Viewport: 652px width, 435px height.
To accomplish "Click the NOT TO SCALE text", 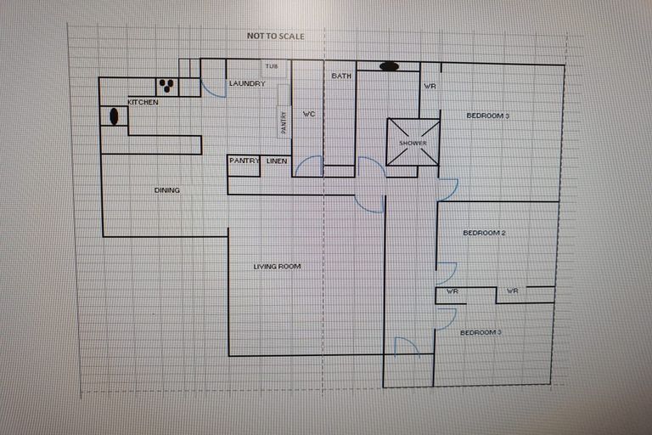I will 275,37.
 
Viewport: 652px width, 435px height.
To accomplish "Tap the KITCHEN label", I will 143,102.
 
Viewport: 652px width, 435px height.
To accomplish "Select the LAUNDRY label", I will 247,83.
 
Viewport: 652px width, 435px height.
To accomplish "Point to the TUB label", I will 272,66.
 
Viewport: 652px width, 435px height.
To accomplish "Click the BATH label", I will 341,76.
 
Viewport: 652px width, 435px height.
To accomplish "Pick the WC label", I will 309,113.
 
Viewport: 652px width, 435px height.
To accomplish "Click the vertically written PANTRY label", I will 284,122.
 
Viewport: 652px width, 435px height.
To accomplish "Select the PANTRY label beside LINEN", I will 244,161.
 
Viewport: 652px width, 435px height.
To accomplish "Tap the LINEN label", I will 277,161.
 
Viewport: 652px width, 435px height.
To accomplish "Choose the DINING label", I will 166,190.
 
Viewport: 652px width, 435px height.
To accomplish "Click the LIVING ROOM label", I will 277,267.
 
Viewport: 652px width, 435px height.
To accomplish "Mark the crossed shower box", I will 413,142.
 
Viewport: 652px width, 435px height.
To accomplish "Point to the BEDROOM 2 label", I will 484,233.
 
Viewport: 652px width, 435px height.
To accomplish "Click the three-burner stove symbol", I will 166,86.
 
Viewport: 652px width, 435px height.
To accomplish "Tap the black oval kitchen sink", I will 113,116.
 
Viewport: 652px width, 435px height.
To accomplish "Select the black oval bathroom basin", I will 389,66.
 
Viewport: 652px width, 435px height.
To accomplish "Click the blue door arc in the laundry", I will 214,88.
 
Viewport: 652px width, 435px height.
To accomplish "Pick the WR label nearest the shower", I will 430,87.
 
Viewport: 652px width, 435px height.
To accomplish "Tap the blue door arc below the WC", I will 311,165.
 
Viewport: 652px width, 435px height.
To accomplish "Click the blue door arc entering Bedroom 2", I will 447,274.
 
